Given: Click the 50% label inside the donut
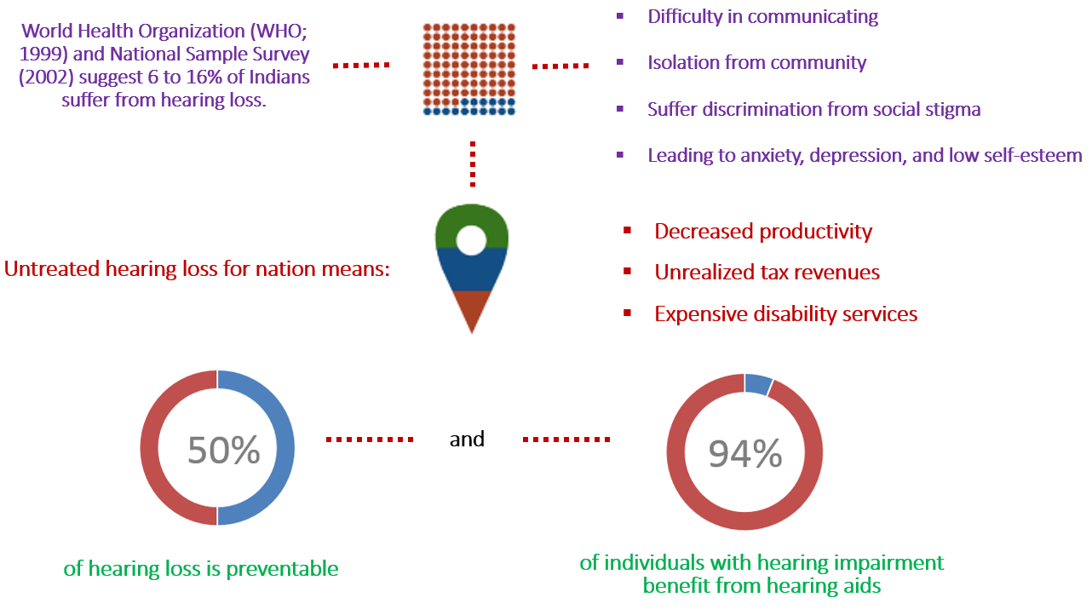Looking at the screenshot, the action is click(224, 450).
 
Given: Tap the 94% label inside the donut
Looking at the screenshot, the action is click(745, 453).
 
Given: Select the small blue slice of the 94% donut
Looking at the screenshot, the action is click(758, 384).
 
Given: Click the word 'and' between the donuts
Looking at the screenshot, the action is click(467, 439).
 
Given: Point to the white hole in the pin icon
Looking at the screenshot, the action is click(471, 239).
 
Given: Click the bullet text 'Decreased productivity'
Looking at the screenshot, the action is click(763, 232).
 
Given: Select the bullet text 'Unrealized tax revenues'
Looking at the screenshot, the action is click(767, 272).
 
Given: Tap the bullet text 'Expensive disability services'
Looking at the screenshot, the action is click(786, 313).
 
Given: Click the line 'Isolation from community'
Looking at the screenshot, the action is click(756, 63).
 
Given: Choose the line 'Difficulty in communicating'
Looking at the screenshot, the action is click(762, 17).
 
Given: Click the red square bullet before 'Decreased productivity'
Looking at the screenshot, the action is click(628, 231).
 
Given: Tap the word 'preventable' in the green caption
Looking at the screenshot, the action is click(282, 569).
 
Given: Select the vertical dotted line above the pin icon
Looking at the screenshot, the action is click(473, 164).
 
